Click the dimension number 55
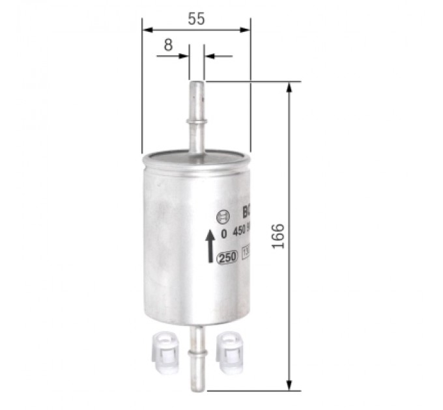(196, 19)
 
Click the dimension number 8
(168, 45)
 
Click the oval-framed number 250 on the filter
(227, 257)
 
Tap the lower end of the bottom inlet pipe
(197, 388)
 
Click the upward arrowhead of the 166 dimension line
(289, 87)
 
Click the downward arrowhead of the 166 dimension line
(289, 385)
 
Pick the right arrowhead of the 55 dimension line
(245, 29)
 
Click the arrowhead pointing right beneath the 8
(184, 57)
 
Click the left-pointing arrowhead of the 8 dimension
(209, 57)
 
